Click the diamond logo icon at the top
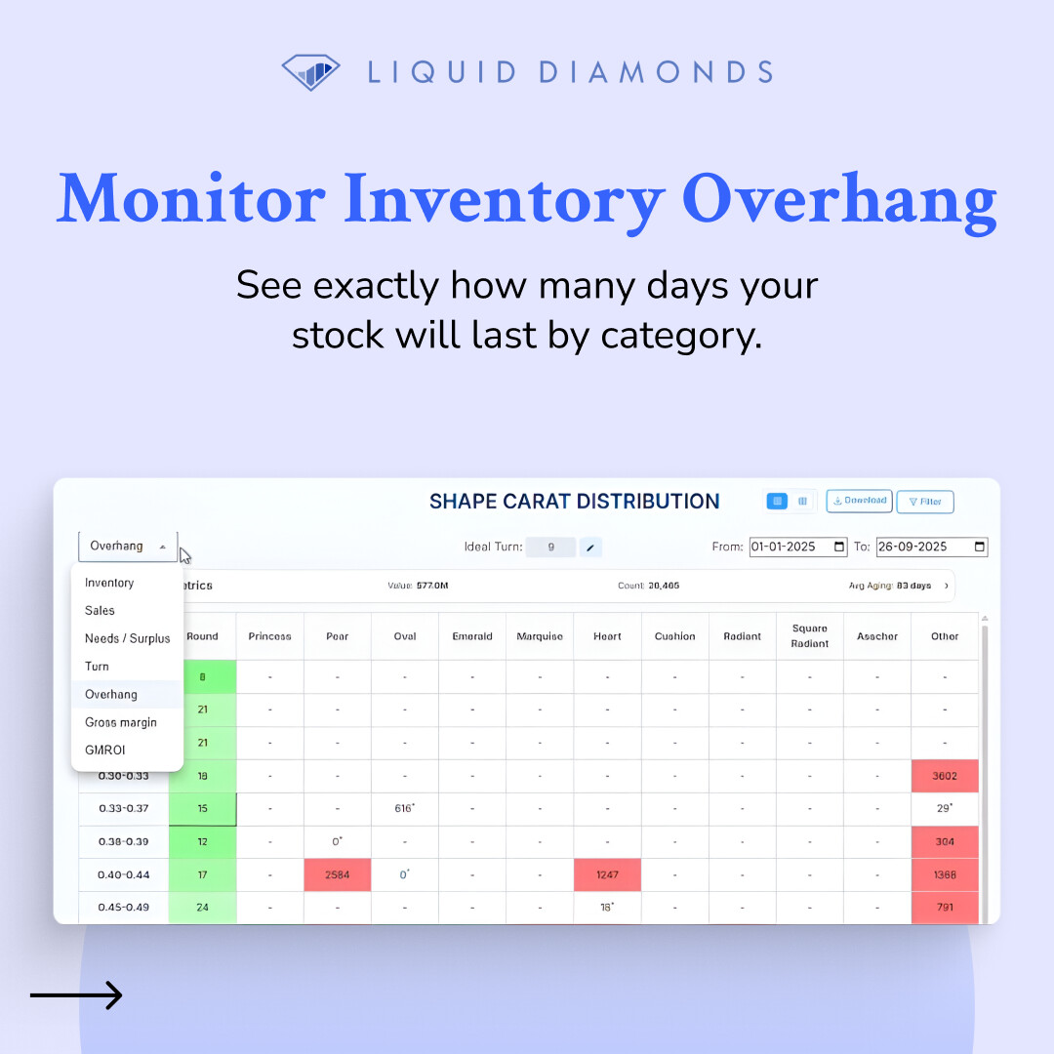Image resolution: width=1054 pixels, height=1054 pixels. point(310,71)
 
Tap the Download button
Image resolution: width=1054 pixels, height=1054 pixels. point(859,501)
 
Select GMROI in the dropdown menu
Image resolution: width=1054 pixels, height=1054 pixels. point(104,750)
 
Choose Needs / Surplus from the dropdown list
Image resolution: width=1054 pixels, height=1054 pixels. point(127,638)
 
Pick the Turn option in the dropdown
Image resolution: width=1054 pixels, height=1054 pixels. point(97,667)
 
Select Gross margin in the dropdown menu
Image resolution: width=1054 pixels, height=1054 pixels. point(120,722)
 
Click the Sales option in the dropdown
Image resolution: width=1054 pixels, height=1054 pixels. point(100,611)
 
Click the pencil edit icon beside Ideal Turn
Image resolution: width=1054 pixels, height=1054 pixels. point(590,547)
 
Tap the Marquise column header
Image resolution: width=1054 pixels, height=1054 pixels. point(540,636)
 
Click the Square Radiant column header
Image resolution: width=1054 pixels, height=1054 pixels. point(810,636)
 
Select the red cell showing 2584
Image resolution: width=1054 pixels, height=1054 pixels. point(337,875)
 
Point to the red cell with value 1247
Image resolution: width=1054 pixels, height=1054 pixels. point(607,875)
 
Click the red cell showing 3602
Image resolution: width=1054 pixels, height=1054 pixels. point(945,776)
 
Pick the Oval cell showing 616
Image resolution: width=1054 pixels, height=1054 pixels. point(405,809)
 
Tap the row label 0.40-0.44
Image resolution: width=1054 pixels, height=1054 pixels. point(123,875)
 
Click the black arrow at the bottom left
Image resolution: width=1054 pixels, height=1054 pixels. point(76,995)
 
